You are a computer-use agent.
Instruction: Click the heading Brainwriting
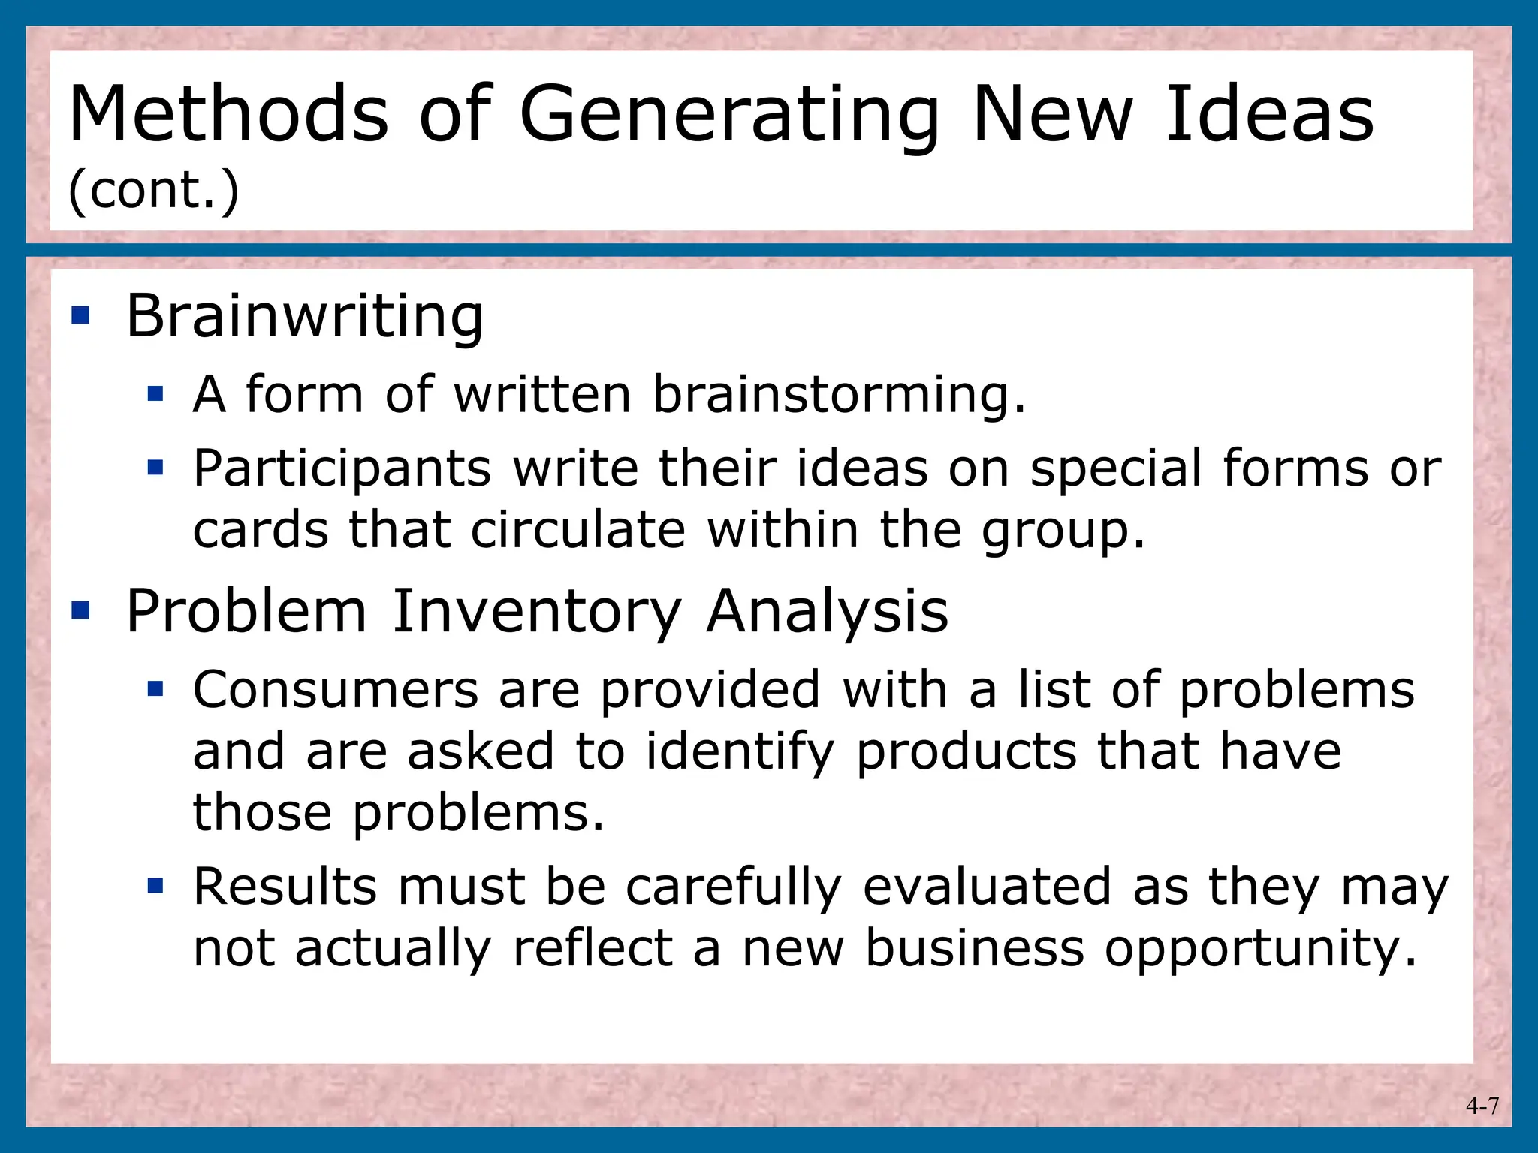coord(305,317)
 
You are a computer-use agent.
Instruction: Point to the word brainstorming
coord(838,396)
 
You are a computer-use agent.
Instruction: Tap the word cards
coord(261,530)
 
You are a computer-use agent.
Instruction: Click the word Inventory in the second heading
coord(537,612)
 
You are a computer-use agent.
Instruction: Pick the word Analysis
coord(828,612)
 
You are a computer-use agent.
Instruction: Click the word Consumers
coord(336,690)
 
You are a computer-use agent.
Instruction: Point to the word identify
coord(740,752)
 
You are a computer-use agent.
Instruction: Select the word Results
coord(285,887)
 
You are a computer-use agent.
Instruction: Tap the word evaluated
coord(987,887)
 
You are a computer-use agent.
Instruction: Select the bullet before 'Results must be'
coord(155,886)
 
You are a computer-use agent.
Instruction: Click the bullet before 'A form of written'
coord(155,393)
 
